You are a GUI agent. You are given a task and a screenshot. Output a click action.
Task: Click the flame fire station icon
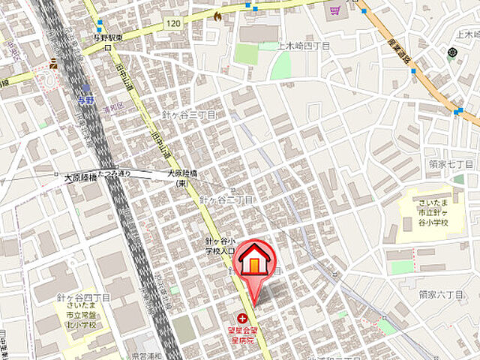217,14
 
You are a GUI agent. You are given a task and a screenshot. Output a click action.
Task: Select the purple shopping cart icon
333,10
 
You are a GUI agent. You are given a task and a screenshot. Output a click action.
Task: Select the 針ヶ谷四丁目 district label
83,298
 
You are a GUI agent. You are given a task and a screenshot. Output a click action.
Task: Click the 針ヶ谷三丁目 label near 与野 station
188,115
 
